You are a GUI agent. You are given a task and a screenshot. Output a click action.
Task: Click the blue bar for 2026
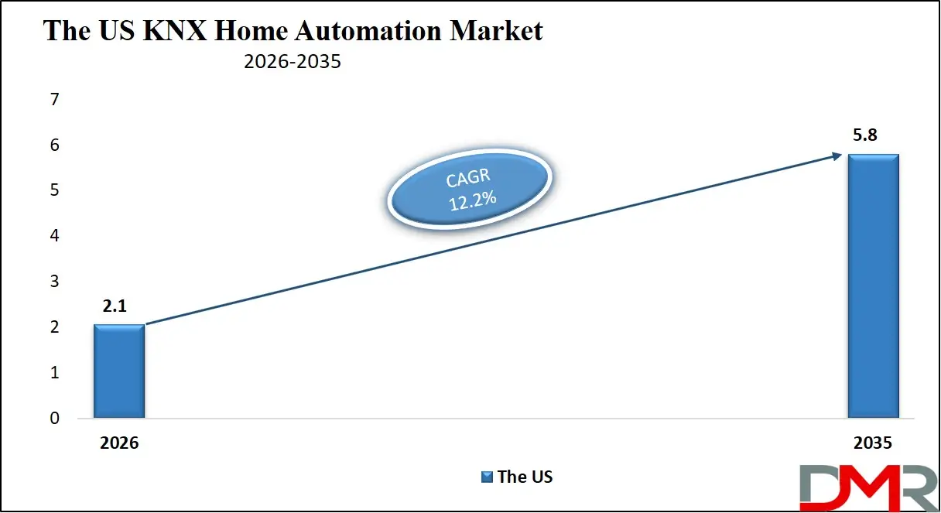click(x=118, y=371)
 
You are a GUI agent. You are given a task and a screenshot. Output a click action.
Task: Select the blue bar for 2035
click(x=873, y=286)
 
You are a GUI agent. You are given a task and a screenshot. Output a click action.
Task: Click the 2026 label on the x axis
click(x=118, y=443)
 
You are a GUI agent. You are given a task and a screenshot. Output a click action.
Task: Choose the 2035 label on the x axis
click(x=873, y=443)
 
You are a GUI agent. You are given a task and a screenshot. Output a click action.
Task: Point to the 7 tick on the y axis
click(x=54, y=100)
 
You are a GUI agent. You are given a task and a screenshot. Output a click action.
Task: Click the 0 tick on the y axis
click(x=54, y=419)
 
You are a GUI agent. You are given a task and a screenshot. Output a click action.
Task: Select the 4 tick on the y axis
click(x=54, y=236)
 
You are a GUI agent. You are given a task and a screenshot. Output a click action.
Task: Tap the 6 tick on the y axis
click(x=54, y=145)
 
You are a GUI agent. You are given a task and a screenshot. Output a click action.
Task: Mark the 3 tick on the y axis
click(x=54, y=282)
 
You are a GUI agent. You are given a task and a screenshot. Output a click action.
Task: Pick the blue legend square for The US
click(x=488, y=477)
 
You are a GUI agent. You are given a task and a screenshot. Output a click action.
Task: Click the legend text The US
click(x=525, y=477)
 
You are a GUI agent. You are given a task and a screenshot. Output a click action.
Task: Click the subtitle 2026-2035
click(x=292, y=62)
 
